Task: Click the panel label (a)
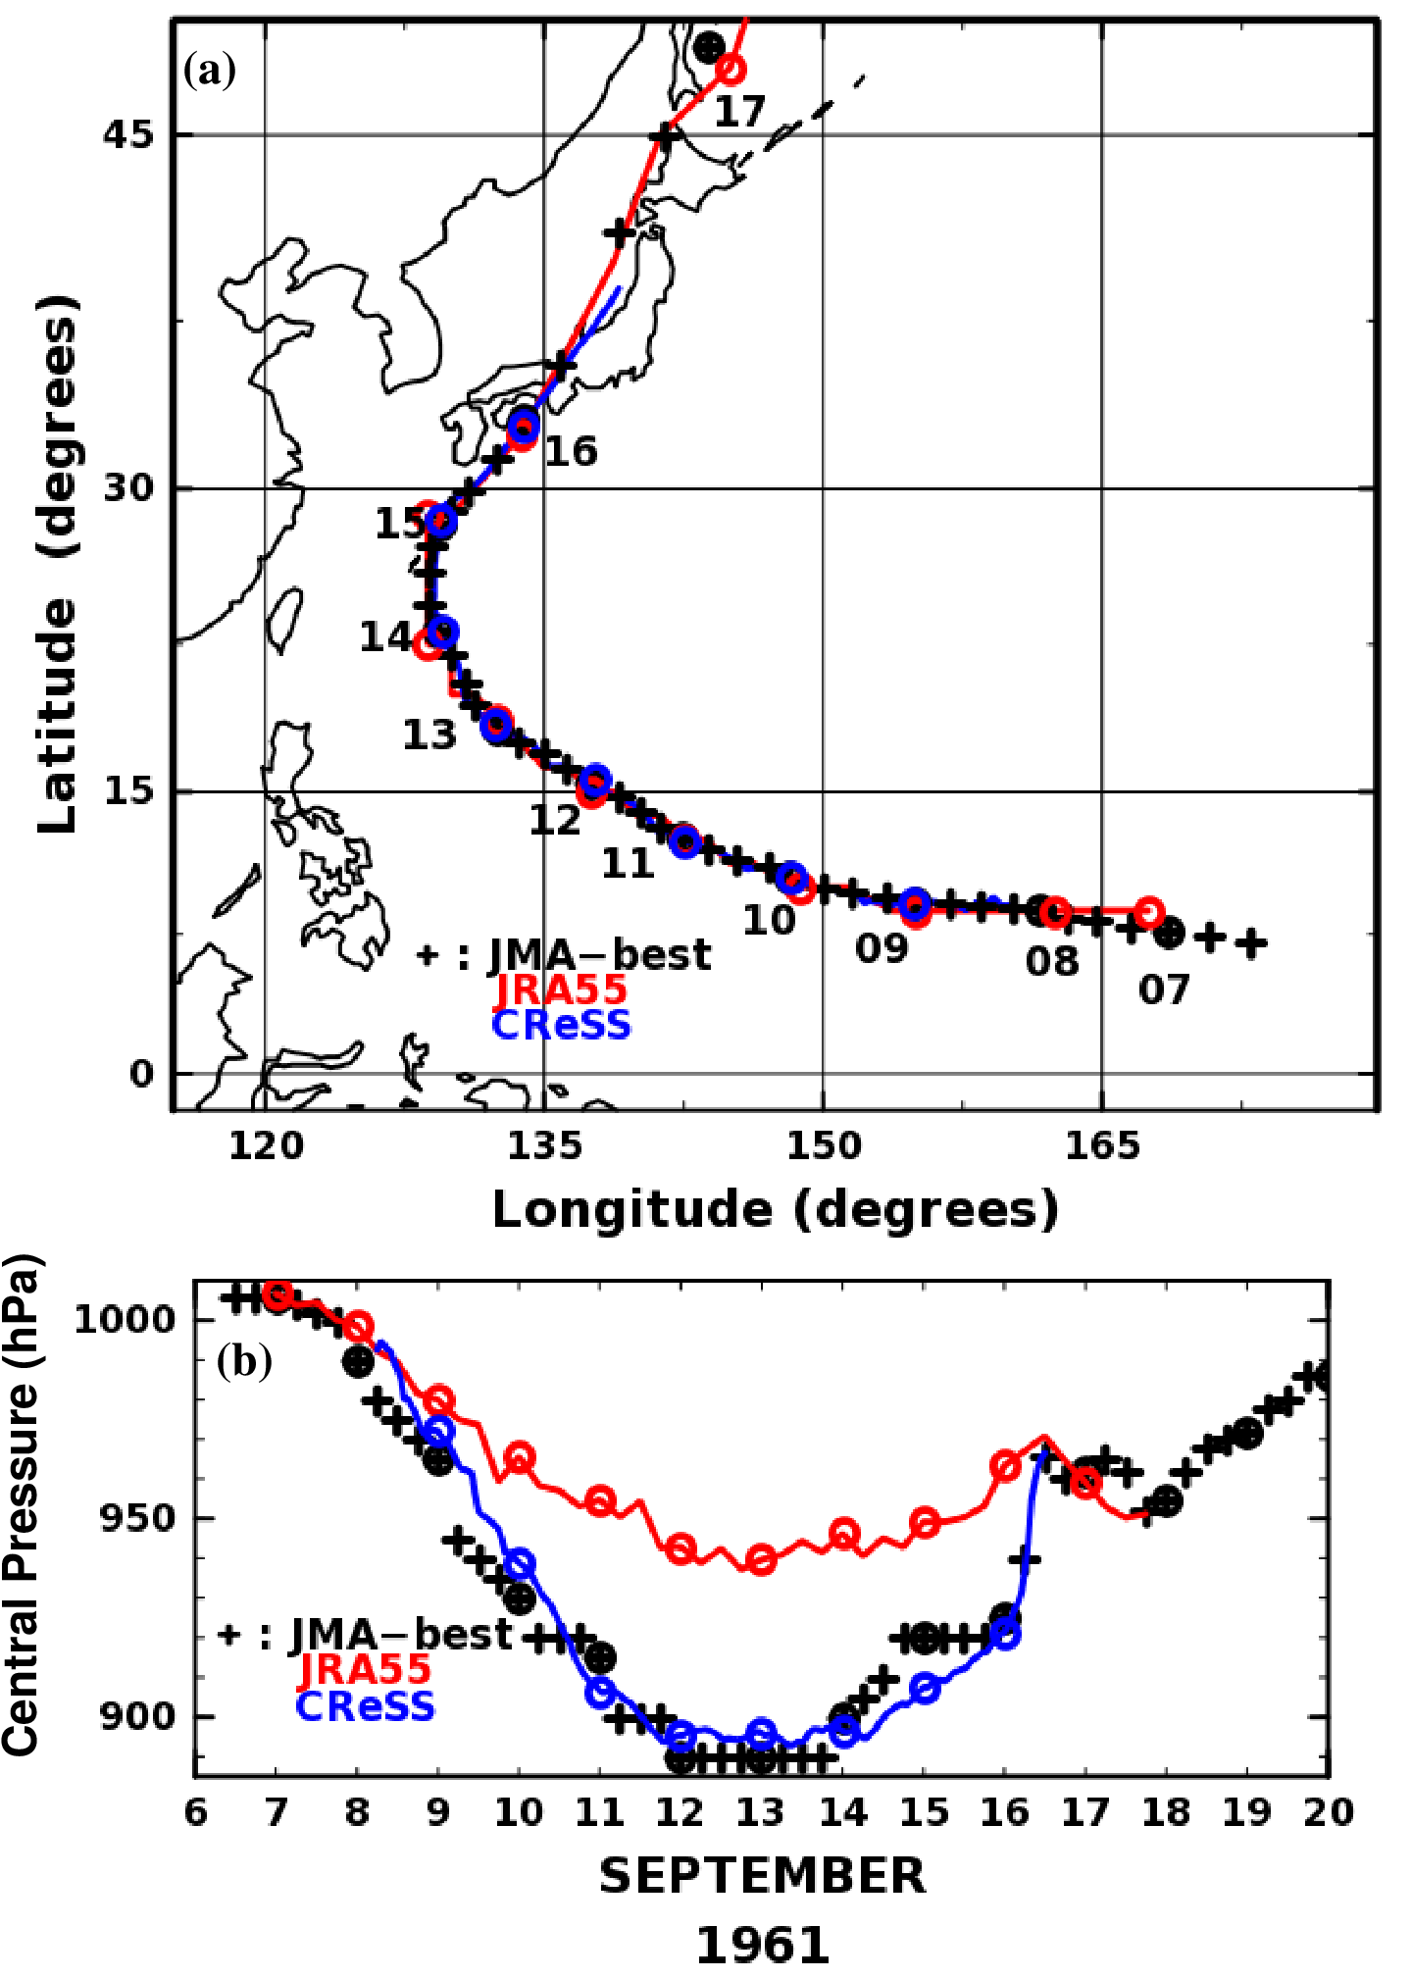(x=210, y=72)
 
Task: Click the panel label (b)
(x=244, y=1361)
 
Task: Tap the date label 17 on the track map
(x=738, y=113)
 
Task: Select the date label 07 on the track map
(x=1163, y=990)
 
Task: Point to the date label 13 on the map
(x=429, y=735)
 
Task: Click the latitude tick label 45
(x=128, y=134)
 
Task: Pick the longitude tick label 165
(x=1102, y=1146)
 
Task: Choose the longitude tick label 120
(x=265, y=1146)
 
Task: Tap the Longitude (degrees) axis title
(x=775, y=1210)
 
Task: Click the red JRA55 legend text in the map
(x=561, y=990)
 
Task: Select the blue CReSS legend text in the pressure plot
(x=365, y=1706)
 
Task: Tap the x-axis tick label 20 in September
(x=1328, y=1813)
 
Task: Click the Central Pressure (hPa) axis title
(x=22, y=1504)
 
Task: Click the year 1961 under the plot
(x=762, y=1946)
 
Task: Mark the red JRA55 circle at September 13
(x=761, y=1559)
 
